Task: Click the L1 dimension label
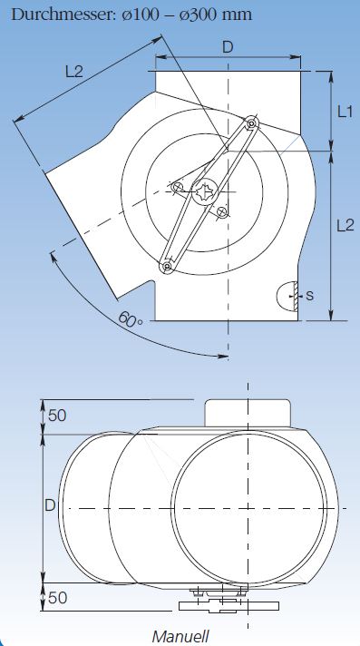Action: tap(345, 113)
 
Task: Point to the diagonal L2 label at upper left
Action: tap(74, 72)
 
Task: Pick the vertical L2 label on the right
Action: tap(345, 225)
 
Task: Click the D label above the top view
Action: tap(228, 47)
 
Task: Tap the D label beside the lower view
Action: tap(50, 505)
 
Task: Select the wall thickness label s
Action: tap(310, 295)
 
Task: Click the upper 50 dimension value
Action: tap(57, 416)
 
